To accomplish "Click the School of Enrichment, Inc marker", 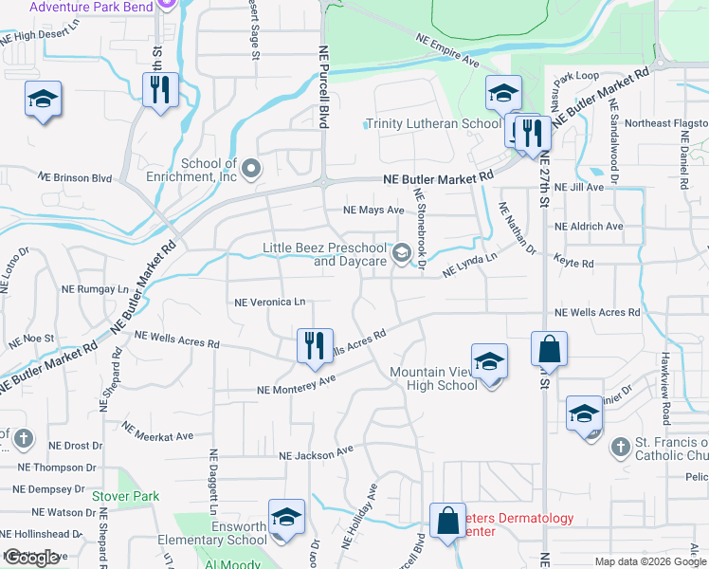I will (x=251, y=170).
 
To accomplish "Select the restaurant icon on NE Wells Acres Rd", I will (x=315, y=346).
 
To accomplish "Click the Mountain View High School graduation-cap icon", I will (x=489, y=362).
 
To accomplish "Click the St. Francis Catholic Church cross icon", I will (x=619, y=446).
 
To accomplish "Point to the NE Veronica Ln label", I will (x=269, y=303).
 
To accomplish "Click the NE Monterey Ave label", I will (x=297, y=384).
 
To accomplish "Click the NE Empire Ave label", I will (x=448, y=48).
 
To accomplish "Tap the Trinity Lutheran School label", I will (x=433, y=124).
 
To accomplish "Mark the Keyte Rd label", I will (x=573, y=263).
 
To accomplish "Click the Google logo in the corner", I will (x=31, y=558).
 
